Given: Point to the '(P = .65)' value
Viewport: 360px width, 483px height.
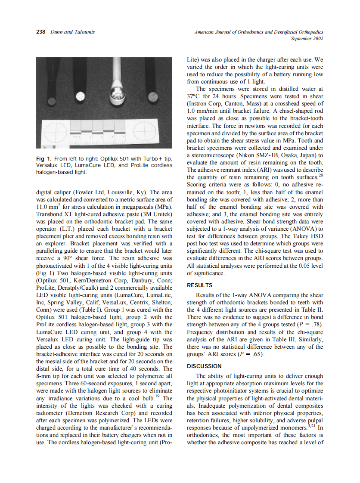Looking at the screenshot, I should pyautogui.click(x=245, y=354).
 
